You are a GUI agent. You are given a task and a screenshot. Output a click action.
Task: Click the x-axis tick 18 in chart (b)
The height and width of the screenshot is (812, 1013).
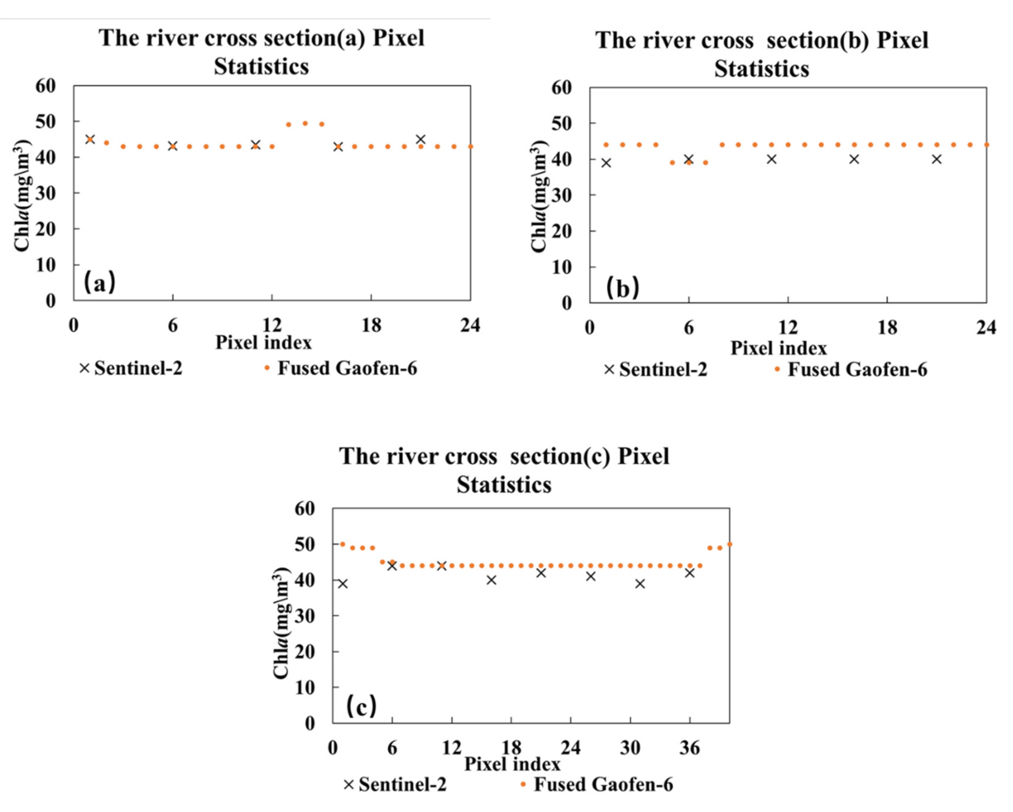coord(887,327)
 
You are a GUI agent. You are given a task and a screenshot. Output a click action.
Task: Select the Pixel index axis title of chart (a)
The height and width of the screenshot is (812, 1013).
coord(263,343)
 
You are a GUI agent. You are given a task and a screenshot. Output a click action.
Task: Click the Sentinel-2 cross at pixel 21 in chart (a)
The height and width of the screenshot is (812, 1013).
coord(420,140)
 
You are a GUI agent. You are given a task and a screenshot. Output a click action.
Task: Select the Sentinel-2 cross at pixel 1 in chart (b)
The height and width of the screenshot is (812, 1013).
coord(606,163)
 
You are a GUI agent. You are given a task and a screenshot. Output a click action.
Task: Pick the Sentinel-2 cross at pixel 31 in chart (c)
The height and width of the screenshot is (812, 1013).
coord(640,584)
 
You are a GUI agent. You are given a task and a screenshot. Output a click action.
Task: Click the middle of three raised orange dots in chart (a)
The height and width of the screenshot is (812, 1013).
coord(305,123)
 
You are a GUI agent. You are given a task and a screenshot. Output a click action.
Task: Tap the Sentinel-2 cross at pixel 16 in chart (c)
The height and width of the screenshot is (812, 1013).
coord(491,580)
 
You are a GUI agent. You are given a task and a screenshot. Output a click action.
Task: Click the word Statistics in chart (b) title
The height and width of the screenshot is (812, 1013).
coord(761,69)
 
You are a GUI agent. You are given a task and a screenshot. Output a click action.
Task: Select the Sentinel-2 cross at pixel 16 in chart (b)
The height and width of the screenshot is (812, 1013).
coord(854,159)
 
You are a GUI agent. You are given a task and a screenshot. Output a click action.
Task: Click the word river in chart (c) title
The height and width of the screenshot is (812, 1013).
coord(413,456)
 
